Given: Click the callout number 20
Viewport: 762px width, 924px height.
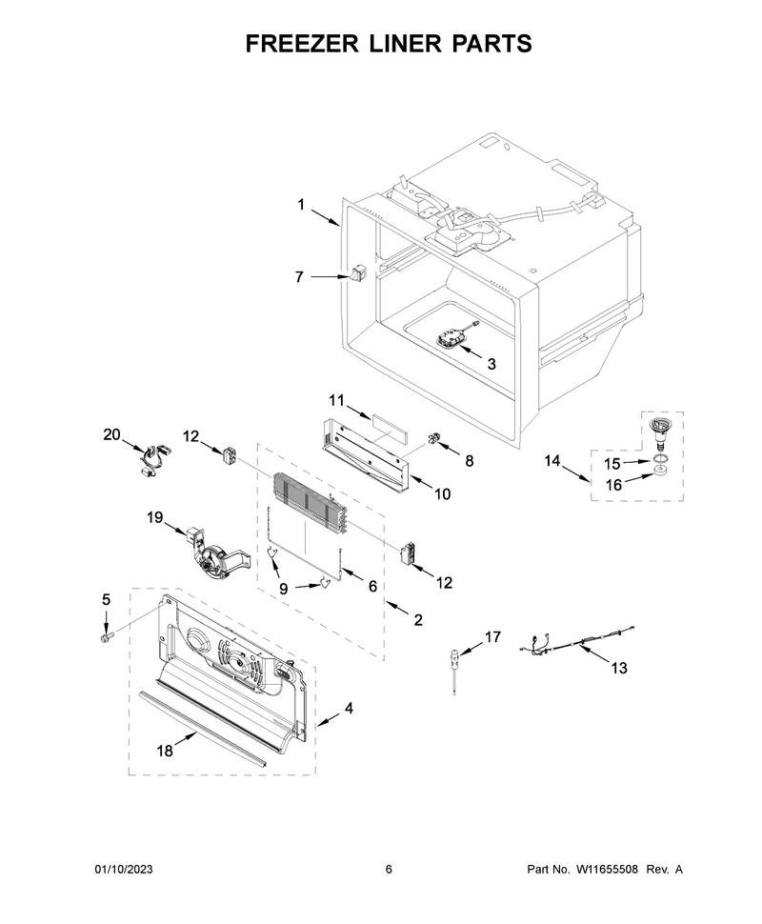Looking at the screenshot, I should click(112, 435).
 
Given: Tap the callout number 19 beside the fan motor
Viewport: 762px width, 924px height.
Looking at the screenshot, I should click(155, 517).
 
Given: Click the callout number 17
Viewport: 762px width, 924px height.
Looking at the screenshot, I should click(492, 636).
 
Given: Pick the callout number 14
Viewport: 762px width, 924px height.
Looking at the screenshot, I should click(553, 461).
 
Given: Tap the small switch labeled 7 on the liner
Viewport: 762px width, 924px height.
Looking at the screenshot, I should click(358, 275).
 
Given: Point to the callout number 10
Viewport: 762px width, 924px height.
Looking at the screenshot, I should click(443, 494).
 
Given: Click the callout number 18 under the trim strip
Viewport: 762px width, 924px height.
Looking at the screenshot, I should click(166, 751).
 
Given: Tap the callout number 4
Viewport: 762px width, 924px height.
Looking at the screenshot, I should click(349, 709).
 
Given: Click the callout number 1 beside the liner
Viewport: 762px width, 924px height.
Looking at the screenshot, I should click(301, 203).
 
